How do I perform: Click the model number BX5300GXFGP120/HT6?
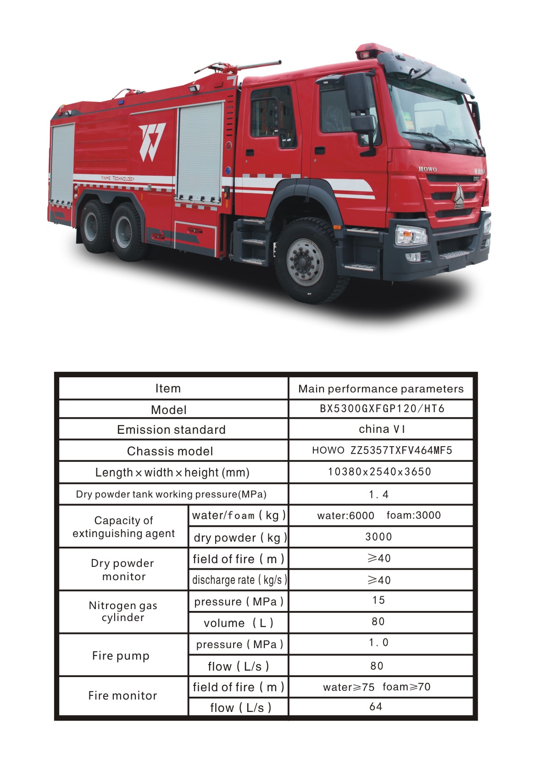click(x=382, y=409)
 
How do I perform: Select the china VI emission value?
click(x=382, y=429)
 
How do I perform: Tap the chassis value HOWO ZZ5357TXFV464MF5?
click(x=382, y=450)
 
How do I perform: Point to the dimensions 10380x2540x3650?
click(x=379, y=472)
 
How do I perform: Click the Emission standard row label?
click(x=171, y=430)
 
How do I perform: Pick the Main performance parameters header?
click(x=381, y=389)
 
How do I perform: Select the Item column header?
click(x=168, y=388)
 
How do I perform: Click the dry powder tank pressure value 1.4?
click(x=379, y=494)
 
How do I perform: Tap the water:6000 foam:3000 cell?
click(x=379, y=515)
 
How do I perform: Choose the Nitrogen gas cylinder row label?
click(x=123, y=611)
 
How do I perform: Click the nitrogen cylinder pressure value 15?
click(x=379, y=600)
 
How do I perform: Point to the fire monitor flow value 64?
click(x=376, y=706)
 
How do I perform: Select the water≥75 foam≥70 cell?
click(x=377, y=687)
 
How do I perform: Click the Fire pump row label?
click(x=121, y=655)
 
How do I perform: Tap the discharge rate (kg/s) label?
click(x=239, y=580)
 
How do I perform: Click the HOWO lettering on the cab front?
click(x=427, y=169)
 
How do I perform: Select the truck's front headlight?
click(x=411, y=236)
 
